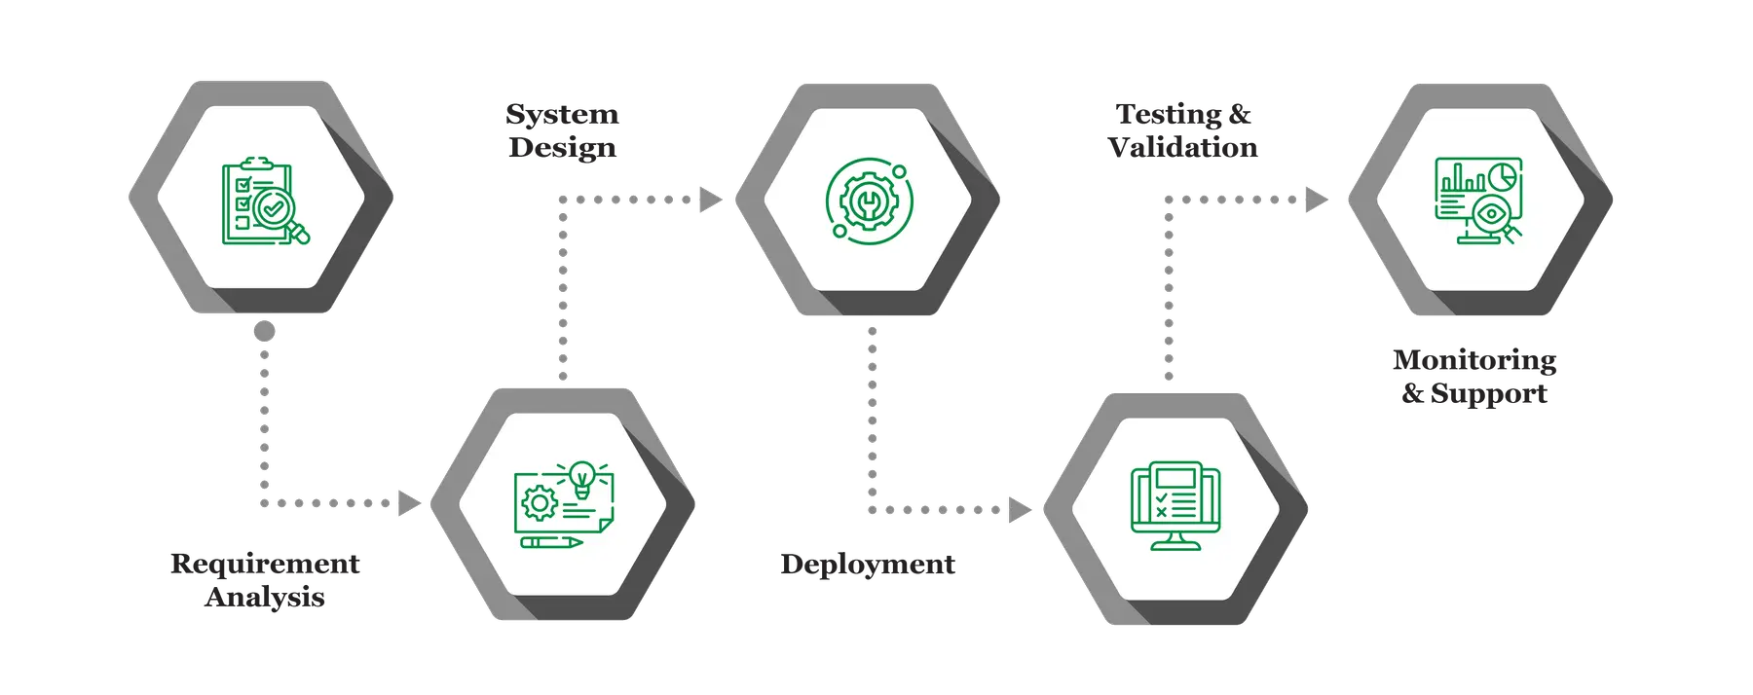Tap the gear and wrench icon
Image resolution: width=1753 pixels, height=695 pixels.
coord(866,201)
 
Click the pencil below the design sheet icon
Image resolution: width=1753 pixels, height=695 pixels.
coord(551,541)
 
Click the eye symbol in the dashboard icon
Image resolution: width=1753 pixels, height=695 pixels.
coord(1490,213)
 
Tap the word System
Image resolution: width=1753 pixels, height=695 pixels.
coord(563,115)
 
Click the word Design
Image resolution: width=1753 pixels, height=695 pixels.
coord(562,148)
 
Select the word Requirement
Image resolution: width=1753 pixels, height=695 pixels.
coord(265,564)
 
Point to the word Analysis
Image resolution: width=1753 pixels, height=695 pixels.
coord(265,597)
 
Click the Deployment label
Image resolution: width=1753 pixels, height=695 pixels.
coord(867,565)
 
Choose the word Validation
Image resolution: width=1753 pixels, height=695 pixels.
coord(1183,148)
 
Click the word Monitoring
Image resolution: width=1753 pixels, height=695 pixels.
coord(1474,360)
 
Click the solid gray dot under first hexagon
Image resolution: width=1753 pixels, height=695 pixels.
coord(264,331)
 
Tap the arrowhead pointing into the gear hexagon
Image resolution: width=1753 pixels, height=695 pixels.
coord(711,201)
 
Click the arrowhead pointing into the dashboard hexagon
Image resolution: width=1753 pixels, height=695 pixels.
coord(1316,200)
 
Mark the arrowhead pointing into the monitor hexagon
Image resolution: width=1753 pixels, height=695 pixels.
coord(1019,509)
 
